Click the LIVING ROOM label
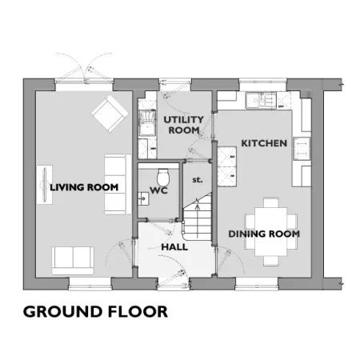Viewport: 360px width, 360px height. point(84,187)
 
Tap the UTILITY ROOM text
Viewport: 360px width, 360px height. point(183,125)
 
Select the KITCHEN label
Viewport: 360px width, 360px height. point(264,143)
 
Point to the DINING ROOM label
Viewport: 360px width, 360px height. point(264,234)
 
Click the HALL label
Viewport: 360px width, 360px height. point(174,247)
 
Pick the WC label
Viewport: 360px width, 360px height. point(158,190)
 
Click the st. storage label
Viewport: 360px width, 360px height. point(198,180)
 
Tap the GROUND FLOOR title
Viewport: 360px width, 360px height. point(95,311)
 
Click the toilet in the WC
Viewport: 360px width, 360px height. point(163,177)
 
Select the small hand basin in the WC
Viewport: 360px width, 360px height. point(143,198)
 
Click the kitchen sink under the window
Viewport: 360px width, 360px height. point(261,100)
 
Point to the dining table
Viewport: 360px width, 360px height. point(271,231)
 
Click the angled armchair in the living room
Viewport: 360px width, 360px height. point(110,114)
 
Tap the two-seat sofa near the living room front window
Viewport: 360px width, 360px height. point(73,261)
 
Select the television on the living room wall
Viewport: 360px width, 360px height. point(45,185)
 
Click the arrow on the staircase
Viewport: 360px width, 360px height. point(198,218)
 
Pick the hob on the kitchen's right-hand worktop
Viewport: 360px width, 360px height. point(302,149)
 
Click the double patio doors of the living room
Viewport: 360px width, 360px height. point(84,68)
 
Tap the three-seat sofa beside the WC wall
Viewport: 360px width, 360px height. point(115,184)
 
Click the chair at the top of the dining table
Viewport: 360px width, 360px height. point(271,202)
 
